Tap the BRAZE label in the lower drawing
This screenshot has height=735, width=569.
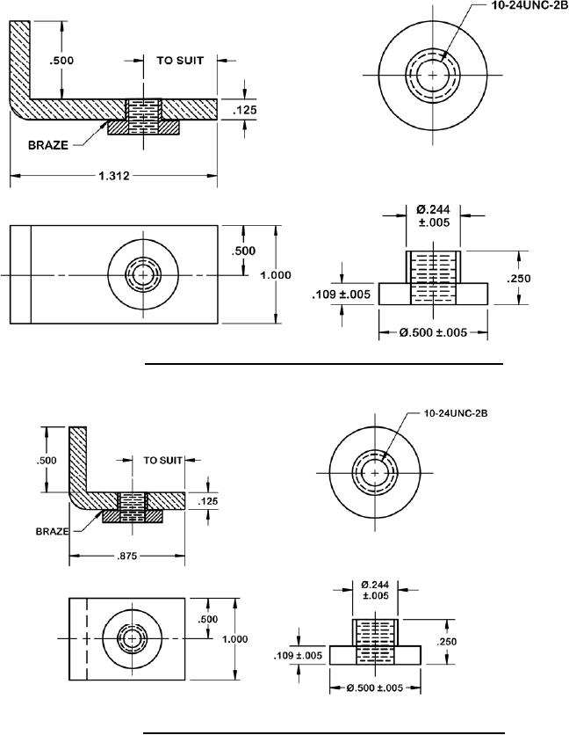pyautogui.click(x=52, y=531)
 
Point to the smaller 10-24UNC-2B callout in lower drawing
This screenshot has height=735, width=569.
pyautogui.click(x=455, y=411)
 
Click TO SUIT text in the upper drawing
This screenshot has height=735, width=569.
pyautogui.click(x=179, y=61)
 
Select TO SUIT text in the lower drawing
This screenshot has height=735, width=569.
pyautogui.click(x=162, y=459)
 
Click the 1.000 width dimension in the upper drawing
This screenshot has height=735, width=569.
pyautogui.click(x=276, y=275)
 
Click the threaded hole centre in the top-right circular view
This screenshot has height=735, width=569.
pyautogui.click(x=429, y=76)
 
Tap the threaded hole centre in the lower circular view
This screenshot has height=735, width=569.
pyautogui.click(x=375, y=473)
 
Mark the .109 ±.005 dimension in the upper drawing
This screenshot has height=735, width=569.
pyautogui.click(x=342, y=295)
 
